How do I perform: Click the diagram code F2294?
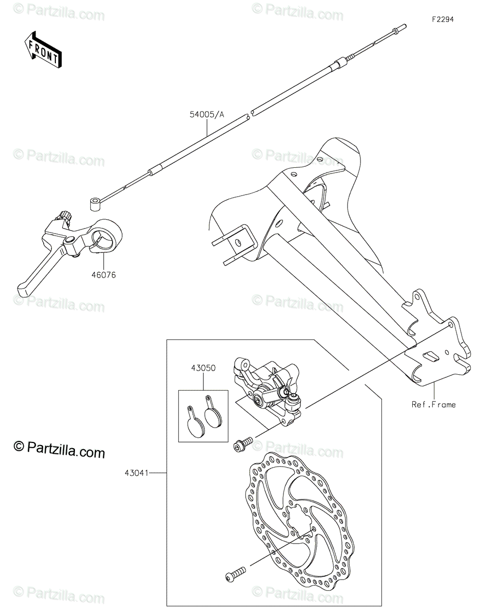(443, 20)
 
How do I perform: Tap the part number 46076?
(103, 275)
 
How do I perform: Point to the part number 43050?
(203, 368)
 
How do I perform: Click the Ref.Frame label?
(434, 405)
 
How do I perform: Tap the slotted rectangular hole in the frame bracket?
(430, 356)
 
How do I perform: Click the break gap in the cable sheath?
(250, 113)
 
